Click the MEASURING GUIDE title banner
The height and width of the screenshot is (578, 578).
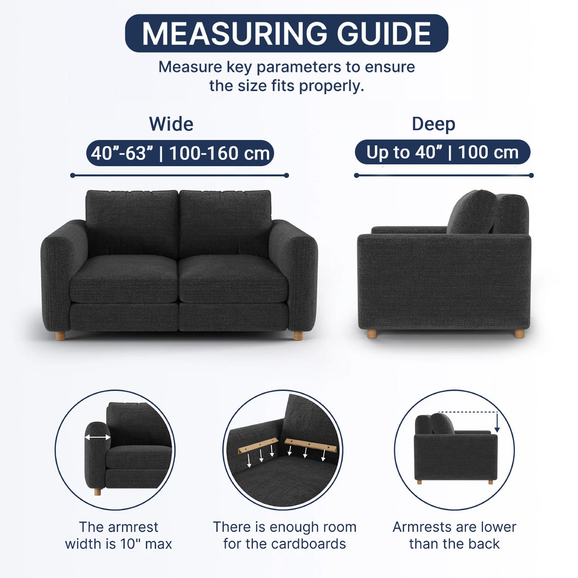click(286, 33)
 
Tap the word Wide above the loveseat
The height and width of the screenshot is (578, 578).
click(171, 124)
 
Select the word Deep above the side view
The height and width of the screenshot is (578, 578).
click(433, 124)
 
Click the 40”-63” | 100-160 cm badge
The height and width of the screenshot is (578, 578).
click(180, 153)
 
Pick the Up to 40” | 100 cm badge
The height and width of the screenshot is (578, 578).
click(443, 152)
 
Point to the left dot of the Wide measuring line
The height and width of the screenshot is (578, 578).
click(73, 176)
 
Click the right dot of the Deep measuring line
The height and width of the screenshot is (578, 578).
click(531, 176)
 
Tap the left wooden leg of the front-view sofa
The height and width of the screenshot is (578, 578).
click(61, 336)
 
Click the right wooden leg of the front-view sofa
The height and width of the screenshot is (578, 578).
click(298, 336)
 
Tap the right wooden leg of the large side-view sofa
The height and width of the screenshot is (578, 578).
click(519, 334)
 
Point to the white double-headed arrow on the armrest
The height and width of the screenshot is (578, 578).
click(98, 437)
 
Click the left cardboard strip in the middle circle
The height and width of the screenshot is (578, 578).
click(258, 446)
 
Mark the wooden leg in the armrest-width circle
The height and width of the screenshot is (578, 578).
click(98, 492)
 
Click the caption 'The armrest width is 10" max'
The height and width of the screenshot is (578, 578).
click(118, 536)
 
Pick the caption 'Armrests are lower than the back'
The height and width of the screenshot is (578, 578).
click(454, 536)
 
